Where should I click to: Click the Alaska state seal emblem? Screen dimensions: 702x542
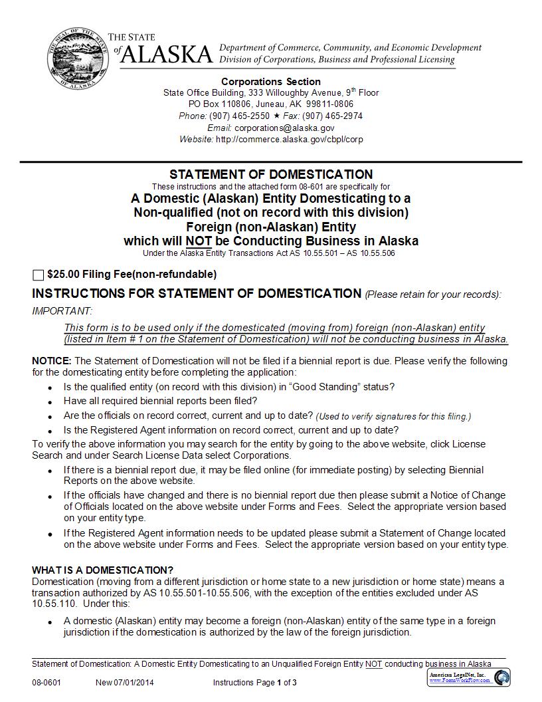pyautogui.click(x=74, y=58)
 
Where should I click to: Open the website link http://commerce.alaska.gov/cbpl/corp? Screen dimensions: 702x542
pyautogui.click(x=290, y=140)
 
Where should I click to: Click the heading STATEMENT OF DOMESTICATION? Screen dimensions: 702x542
pyautogui.click(x=271, y=175)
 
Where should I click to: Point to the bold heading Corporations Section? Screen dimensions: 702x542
pyautogui.click(x=271, y=82)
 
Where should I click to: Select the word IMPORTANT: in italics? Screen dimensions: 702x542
pyautogui.click(x=62, y=311)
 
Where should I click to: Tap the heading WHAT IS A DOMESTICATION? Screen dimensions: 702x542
pyautogui.click(x=102, y=570)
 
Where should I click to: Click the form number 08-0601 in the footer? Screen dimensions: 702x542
pyautogui.click(x=46, y=683)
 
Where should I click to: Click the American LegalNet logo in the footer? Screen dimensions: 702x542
pyautogui.click(x=468, y=677)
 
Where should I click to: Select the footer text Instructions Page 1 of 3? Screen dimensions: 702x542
pyautogui.click(x=254, y=683)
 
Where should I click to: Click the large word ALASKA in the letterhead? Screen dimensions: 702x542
pyautogui.click(x=167, y=55)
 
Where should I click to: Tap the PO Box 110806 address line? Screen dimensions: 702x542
pyautogui.click(x=271, y=104)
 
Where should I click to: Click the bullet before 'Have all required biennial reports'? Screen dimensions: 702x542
pyautogui.click(x=51, y=402)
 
